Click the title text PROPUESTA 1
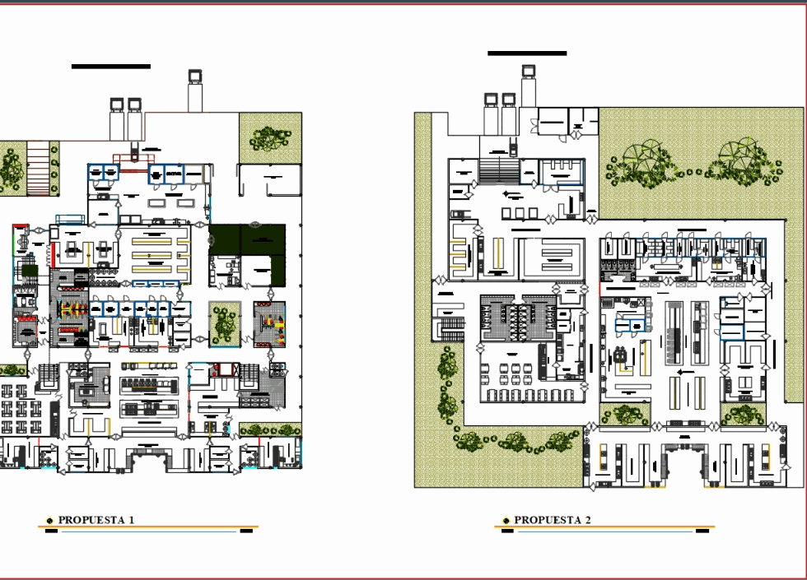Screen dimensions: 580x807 click(x=96, y=520)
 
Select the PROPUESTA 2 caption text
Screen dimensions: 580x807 click(x=553, y=520)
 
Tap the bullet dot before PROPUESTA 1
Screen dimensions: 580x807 click(x=49, y=521)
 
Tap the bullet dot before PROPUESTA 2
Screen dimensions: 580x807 click(x=506, y=521)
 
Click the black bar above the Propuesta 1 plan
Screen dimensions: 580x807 click(x=111, y=66)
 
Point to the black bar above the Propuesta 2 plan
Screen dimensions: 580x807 click(x=527, y=53)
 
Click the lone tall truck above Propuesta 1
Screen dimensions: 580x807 click(x=195, y=90)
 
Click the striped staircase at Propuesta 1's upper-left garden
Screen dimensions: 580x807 click(x=38, y=169)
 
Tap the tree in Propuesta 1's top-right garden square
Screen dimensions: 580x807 click(x=271, y=137)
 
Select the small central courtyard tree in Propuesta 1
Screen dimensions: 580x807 click(x=224, y=324)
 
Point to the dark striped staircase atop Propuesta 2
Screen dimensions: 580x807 click(x=499, y=170)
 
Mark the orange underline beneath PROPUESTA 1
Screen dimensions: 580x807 click(x=148, y=527)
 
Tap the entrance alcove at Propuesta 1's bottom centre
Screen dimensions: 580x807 click(x=148, y=462)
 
